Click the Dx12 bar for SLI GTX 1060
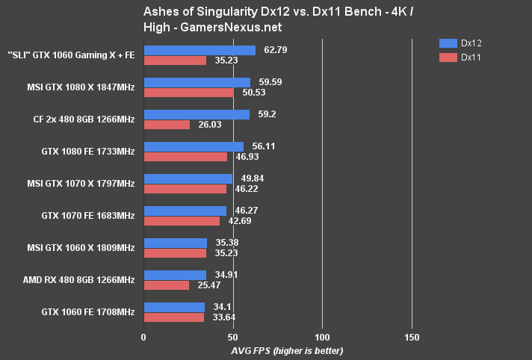click(x=199, y=51)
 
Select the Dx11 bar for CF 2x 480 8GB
click(x=166, y=125)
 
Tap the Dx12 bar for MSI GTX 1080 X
click(x=197, y=83)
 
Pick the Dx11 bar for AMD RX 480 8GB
click(x=166, y=285)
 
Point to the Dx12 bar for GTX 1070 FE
click(x=185, y=211)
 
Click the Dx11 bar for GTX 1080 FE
click(x=185, y=157)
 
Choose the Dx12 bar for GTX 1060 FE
click(x=173, y=308)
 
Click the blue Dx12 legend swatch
click(x=448, y=43)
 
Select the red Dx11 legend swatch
click(x=448, y=57)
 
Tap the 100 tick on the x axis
click(x=322, y=337)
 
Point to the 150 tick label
click(x=412, y=337)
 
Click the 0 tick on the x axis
click(x=143, y=337)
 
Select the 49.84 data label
click(x=251, y=179)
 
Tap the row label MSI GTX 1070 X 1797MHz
click(x=82, y=184)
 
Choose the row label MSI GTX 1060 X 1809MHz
click(x=82, y=248)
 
